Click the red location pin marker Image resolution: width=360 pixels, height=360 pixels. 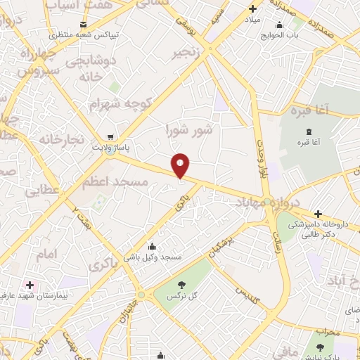click(x=181, y=165)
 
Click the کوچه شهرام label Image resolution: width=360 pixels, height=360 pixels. click(x=120, y=104)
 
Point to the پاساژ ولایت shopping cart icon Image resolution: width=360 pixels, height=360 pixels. click(x=110, y=137)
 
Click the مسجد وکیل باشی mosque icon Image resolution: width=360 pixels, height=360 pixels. click(x=150, y=246)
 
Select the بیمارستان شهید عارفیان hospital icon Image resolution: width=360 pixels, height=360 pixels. click(x=30, y=285)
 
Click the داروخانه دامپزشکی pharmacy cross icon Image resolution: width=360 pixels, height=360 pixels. click(x=318, y=214)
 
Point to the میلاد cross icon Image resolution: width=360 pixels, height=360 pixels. click(x=252, y=10)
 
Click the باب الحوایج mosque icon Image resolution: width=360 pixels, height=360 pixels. click(x=279, y=25)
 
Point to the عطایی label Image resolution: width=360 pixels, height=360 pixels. click(x=43, y=191)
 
